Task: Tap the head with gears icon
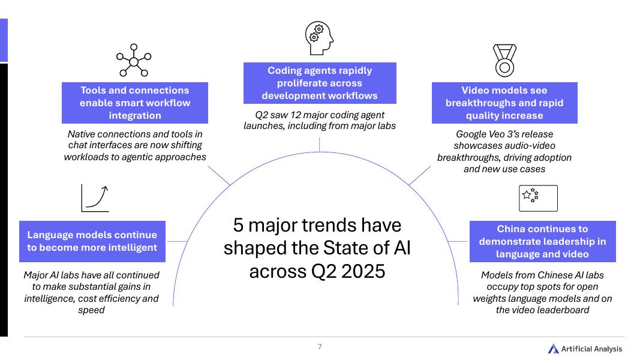319,38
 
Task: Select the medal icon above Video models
504,61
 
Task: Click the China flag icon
538,198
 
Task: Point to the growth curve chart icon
95,198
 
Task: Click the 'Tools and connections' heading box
135,103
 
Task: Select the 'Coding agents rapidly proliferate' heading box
320,83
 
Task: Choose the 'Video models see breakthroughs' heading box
504,103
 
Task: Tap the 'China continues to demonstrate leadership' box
542,241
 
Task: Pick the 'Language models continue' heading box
92,241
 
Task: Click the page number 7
320,346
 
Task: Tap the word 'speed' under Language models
91,310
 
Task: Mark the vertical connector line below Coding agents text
320,144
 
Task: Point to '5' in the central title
239,226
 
